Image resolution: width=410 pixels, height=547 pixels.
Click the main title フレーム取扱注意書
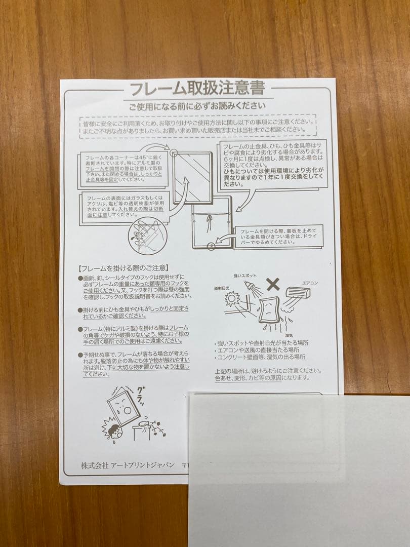coord(197,89)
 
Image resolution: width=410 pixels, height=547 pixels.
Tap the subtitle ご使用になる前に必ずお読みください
coord(197,106)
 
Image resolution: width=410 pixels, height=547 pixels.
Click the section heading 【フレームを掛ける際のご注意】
coord(124,267)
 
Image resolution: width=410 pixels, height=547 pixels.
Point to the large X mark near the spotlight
coord(273,284)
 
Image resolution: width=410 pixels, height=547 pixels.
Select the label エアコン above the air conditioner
coord(310,283)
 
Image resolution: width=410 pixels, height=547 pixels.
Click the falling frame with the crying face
coord(124,407)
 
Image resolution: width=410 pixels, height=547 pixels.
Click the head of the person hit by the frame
coord(112,431)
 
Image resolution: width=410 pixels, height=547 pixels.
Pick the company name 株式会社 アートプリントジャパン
coord(128,465)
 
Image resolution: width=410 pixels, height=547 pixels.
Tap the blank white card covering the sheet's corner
coord(299,468)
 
